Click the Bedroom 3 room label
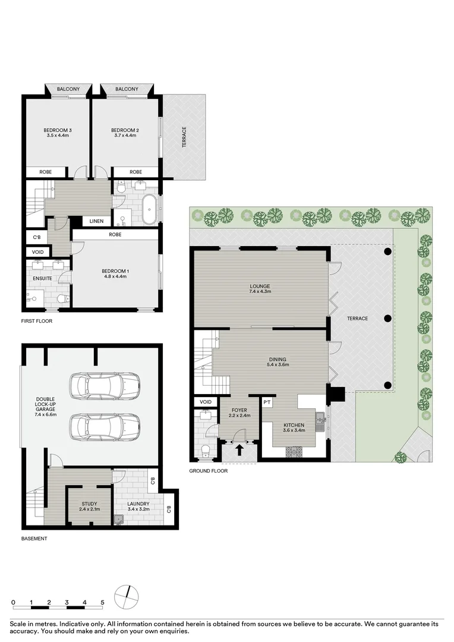coord(58,130)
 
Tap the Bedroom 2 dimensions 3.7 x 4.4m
coord(125,136)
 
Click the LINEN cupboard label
coord(96,221)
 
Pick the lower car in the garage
coord(105,426)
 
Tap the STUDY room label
coord(89,504)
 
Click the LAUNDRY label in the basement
coord(138,504)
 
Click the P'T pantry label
coord(267,402)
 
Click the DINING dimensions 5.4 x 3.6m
coord(277,365)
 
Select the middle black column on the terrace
coord(388,318)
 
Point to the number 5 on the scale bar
coord(102,602)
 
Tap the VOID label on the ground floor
coord(206,402)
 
